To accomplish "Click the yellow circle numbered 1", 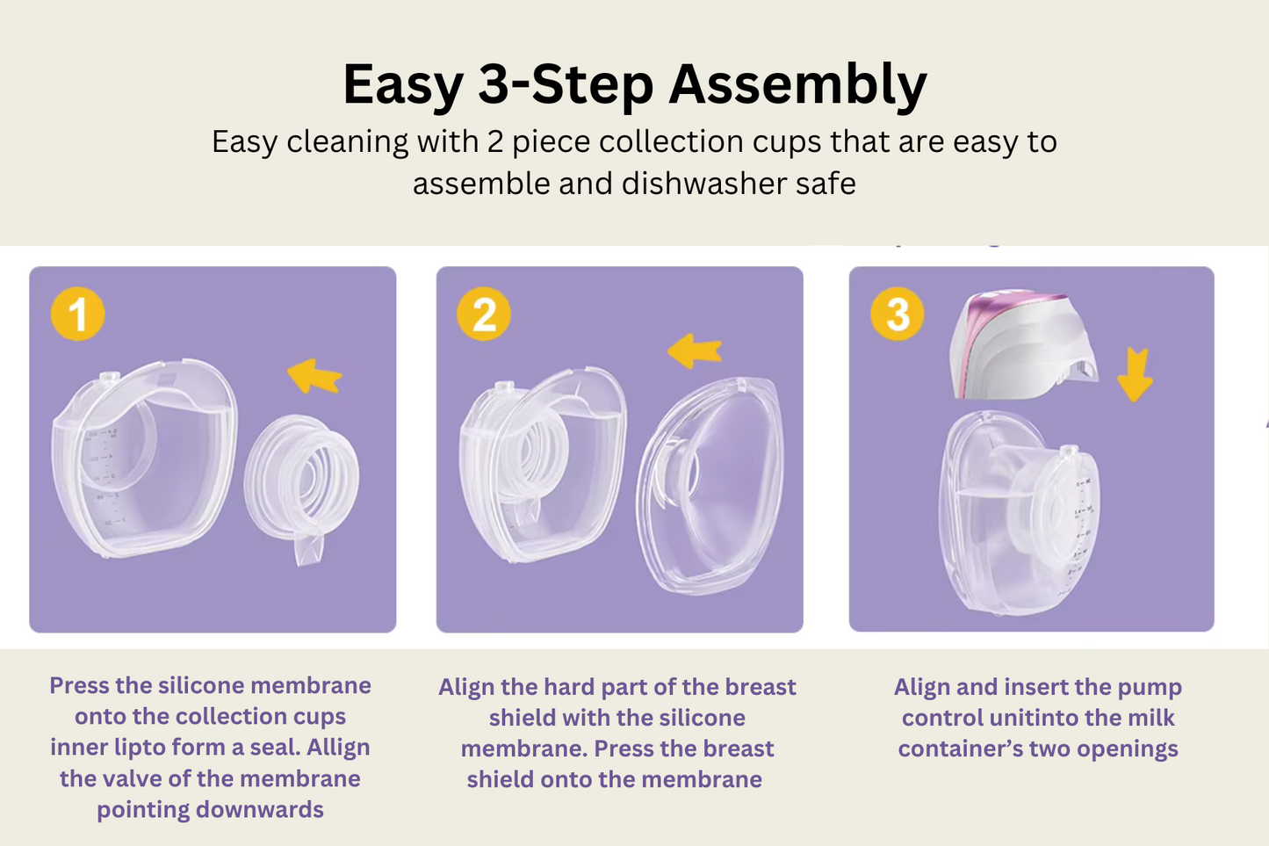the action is click(77, 314).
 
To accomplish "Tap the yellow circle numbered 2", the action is click(484, 314).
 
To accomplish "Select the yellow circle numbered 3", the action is click(898, 314).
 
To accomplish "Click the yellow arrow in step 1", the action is click(314, 376).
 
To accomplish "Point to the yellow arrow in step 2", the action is click(695, 351).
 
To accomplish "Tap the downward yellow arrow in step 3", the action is click(1135, 375).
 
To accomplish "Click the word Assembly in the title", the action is click(797, 85).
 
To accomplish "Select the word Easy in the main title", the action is click(403, 85).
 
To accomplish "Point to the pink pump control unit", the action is click(1022, 345).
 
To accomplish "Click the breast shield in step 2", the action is click(711, 486).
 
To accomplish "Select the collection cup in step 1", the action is click(144, 458).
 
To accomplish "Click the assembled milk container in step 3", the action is click(1020, 513).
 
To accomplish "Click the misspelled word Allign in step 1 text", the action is click(338, 748).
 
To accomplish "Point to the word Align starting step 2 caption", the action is click(466, 687).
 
